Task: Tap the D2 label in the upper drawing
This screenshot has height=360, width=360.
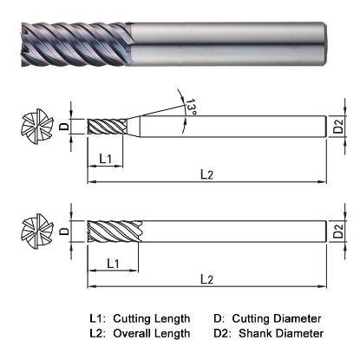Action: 341,130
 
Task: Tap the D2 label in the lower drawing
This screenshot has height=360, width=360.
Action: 341,232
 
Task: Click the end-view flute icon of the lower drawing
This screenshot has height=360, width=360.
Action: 32,232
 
